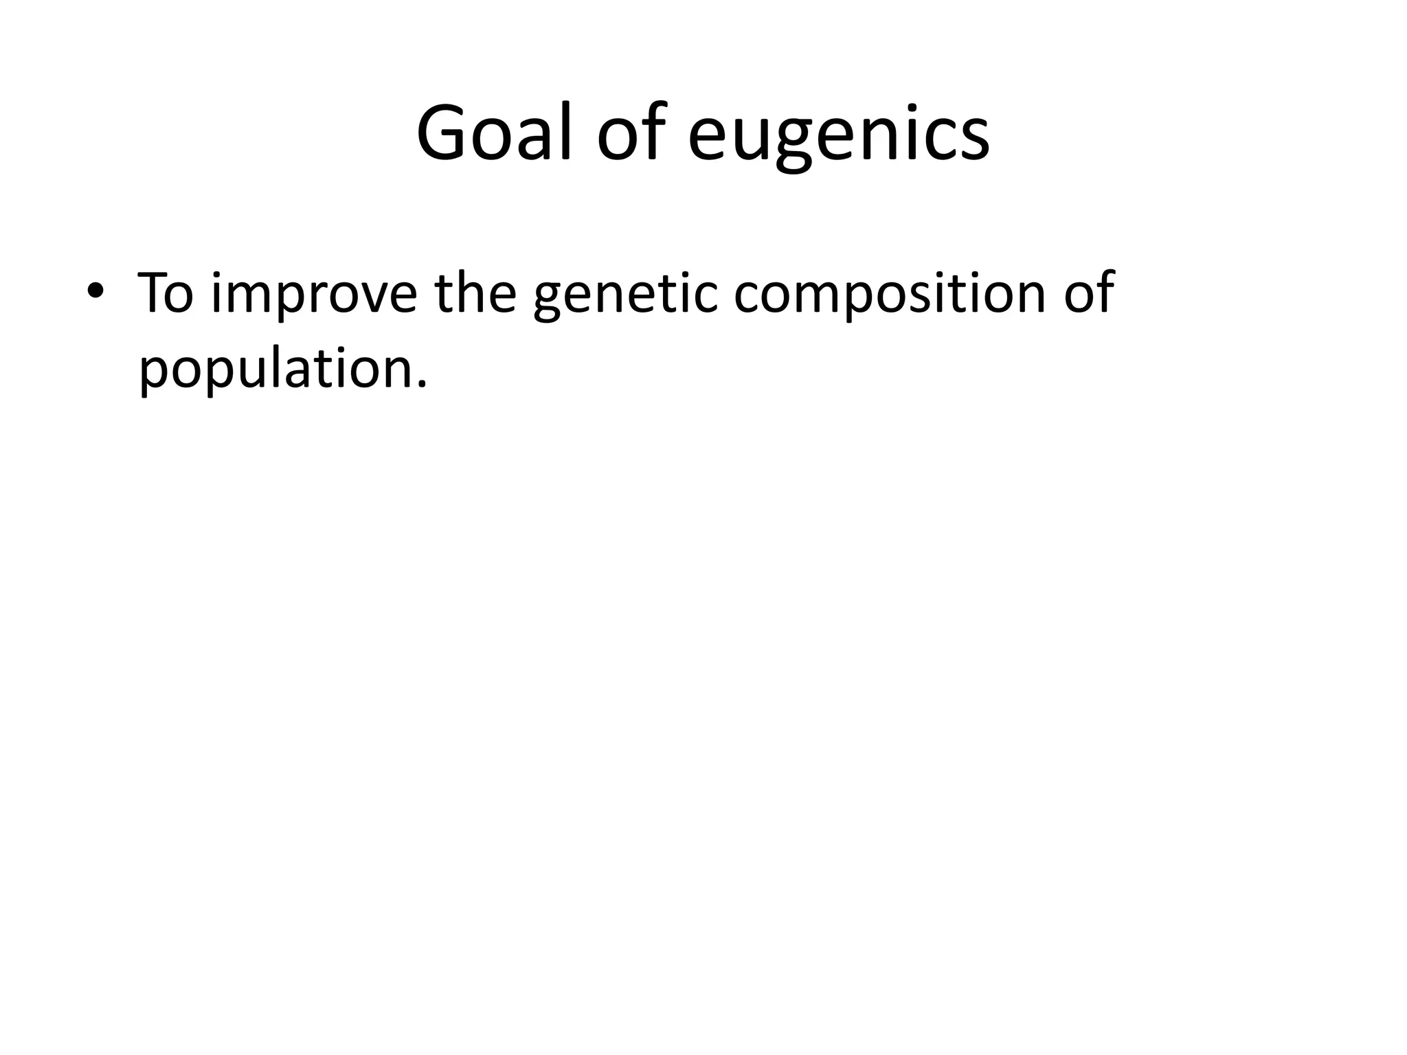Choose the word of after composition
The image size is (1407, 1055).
[1089, 293]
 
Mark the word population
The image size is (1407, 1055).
[275, 370]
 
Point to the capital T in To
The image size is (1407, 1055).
[154, 293]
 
